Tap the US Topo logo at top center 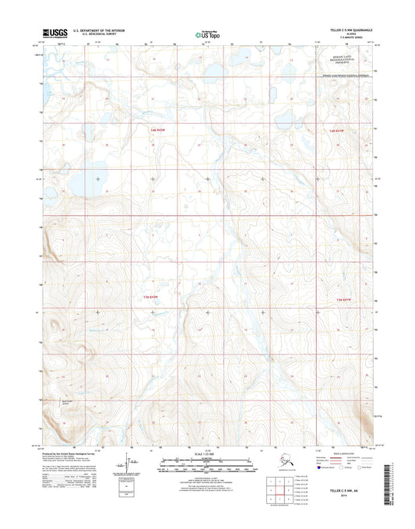pyautogui.click(x=207, y=34)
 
